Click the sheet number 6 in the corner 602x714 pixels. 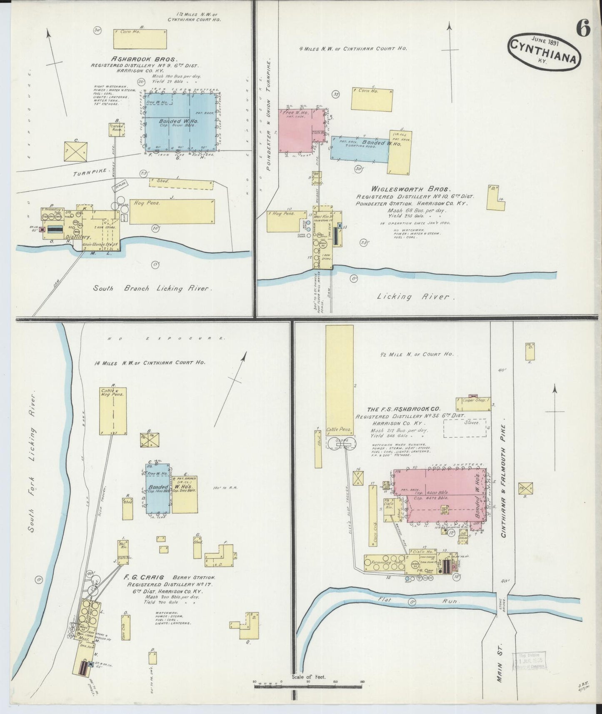pos(583,29)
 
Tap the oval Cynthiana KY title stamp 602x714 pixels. pos(544,51)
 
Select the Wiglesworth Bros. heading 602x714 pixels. pos(415,189)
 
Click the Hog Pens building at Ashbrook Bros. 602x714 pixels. pos(172,212)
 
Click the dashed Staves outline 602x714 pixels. pos(465,428)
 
